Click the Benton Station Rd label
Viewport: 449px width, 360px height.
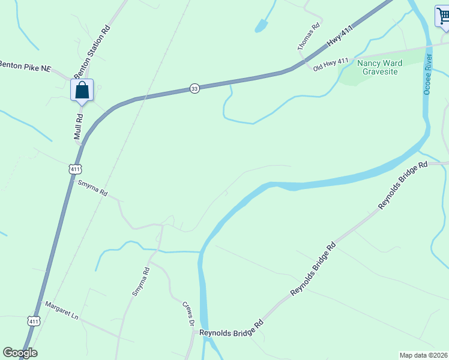93,50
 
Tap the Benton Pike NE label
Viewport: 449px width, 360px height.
25,67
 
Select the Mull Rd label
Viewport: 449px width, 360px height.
79,127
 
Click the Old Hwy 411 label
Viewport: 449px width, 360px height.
331,65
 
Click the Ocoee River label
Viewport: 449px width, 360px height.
428,74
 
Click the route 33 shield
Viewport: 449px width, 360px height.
194,88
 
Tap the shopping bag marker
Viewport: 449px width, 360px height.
82,91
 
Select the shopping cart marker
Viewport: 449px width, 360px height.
442,16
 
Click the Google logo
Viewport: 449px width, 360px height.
20,353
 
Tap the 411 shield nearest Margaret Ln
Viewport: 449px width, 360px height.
34,322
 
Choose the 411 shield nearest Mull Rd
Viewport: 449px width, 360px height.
74,170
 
